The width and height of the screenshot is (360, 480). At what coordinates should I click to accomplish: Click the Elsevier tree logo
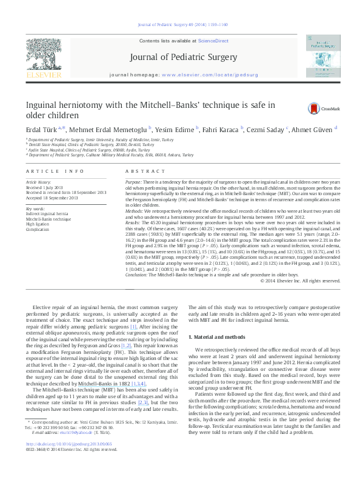pyautogui.click(x=41, y=57)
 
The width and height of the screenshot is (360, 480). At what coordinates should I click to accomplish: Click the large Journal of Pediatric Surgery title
pyautogui.click(x=179, y=58)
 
